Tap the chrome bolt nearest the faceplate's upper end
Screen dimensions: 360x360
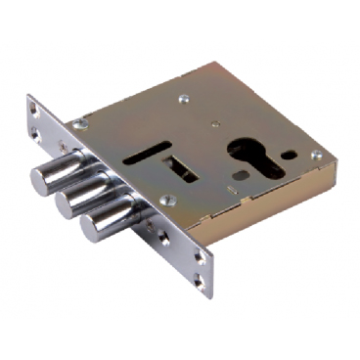[45, 178]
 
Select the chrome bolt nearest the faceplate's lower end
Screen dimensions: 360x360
[93, 227]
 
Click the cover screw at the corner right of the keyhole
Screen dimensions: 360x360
[316, 155]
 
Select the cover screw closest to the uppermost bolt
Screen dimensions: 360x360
[80, 124]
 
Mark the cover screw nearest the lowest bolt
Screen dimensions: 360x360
[167, 202]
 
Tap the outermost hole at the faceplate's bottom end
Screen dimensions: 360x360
[202, 285]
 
